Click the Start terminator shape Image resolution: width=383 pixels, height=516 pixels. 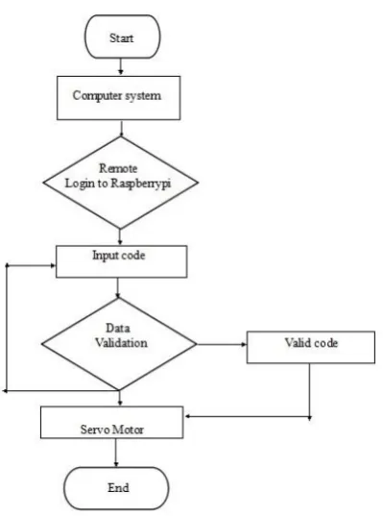123,37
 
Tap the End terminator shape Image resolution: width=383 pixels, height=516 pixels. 116,488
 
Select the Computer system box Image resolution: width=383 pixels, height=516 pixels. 118,98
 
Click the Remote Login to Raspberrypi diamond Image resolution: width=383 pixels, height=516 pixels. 120,183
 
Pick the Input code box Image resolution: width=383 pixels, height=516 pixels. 121,261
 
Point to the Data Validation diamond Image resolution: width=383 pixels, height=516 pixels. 119,344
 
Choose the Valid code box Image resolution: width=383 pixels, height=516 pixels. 311,347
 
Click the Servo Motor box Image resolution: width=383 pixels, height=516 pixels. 111,422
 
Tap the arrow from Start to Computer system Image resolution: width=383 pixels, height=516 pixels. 121,67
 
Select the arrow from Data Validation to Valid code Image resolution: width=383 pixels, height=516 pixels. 222,344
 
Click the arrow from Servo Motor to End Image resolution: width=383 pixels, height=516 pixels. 116,453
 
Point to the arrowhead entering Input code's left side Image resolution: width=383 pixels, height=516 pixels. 53,265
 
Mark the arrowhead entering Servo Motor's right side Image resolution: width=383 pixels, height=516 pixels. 187,416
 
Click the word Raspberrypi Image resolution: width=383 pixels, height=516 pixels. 141,184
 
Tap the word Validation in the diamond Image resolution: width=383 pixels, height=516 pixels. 121,343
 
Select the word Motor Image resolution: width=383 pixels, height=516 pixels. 128,430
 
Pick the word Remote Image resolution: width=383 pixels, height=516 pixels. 118,168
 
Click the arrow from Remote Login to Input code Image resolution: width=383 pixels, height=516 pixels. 120,237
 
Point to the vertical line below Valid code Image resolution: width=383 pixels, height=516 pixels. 309,392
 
